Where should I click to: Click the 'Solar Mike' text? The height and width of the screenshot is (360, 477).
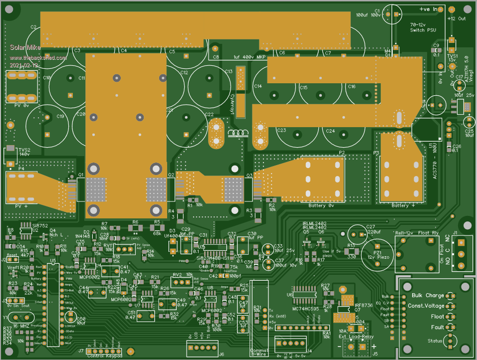[x=21, y=47]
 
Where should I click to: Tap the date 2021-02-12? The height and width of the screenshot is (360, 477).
[x=24, y=65]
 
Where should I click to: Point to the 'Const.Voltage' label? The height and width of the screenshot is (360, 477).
[x=426, y=306]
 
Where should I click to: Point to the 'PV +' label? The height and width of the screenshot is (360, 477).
[x=20, y=206]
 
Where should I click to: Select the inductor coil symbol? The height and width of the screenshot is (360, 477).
[x=238, y=133]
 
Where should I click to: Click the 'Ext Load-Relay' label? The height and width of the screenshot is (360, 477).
[x=356, y=336]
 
